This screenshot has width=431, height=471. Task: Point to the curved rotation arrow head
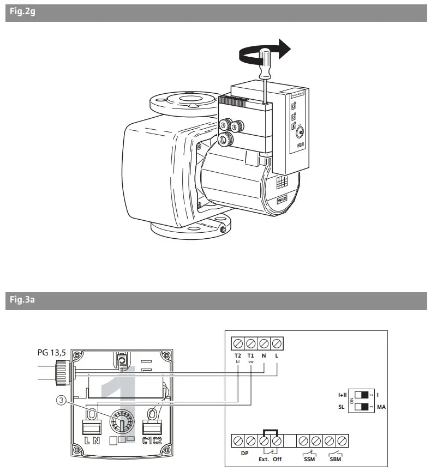pos(282,48)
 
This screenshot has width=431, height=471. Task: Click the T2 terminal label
pos(238,355)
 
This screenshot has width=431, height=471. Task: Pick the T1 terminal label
pos(251,355)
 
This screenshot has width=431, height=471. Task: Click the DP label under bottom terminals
pos(244,452)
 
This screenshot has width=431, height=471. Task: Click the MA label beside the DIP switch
pos(381,407)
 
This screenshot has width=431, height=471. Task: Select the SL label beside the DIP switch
pos(342,407)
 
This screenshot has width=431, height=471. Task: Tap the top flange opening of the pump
pos(183,100)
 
